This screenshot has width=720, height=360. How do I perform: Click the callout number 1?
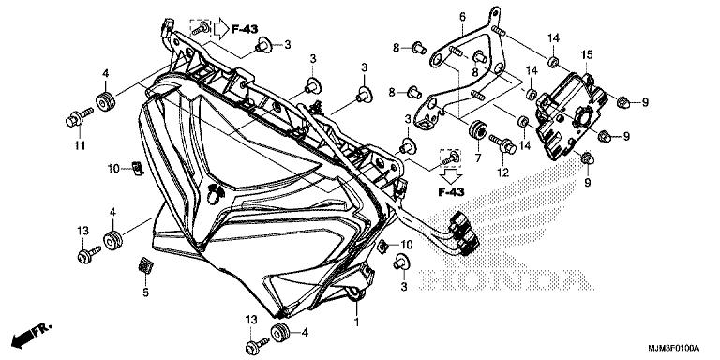tap(356, 322)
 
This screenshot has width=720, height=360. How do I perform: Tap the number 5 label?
tap(145, 292)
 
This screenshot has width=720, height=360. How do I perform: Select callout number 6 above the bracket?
tap(462, 18)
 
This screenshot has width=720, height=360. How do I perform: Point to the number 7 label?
tap(477, 158)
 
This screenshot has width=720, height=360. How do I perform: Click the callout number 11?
tap(80, 146)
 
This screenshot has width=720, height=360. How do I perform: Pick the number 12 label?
tap(502, 173)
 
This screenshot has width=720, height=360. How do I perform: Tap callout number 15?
tap(587, 55)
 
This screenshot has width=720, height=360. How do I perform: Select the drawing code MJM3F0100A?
tap(674, 348)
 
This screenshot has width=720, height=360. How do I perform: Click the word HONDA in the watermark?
tap(506, 280)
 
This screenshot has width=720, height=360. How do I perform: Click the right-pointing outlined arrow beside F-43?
tap(221, 29)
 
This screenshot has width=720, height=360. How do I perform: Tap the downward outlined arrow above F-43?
tap(451, 175)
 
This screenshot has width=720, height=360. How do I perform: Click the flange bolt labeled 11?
tap(79, 117)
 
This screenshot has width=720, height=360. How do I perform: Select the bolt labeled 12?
tap(502, 143)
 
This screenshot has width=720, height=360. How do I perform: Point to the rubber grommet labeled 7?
tap(476, 129)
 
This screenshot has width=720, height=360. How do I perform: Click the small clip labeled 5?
tap(145, 266)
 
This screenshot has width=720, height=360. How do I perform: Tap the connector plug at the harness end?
tap(464, 233)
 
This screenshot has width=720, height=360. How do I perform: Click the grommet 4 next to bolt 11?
tap(105, 101)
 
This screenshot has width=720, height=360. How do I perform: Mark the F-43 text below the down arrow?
tap(450, 192)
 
